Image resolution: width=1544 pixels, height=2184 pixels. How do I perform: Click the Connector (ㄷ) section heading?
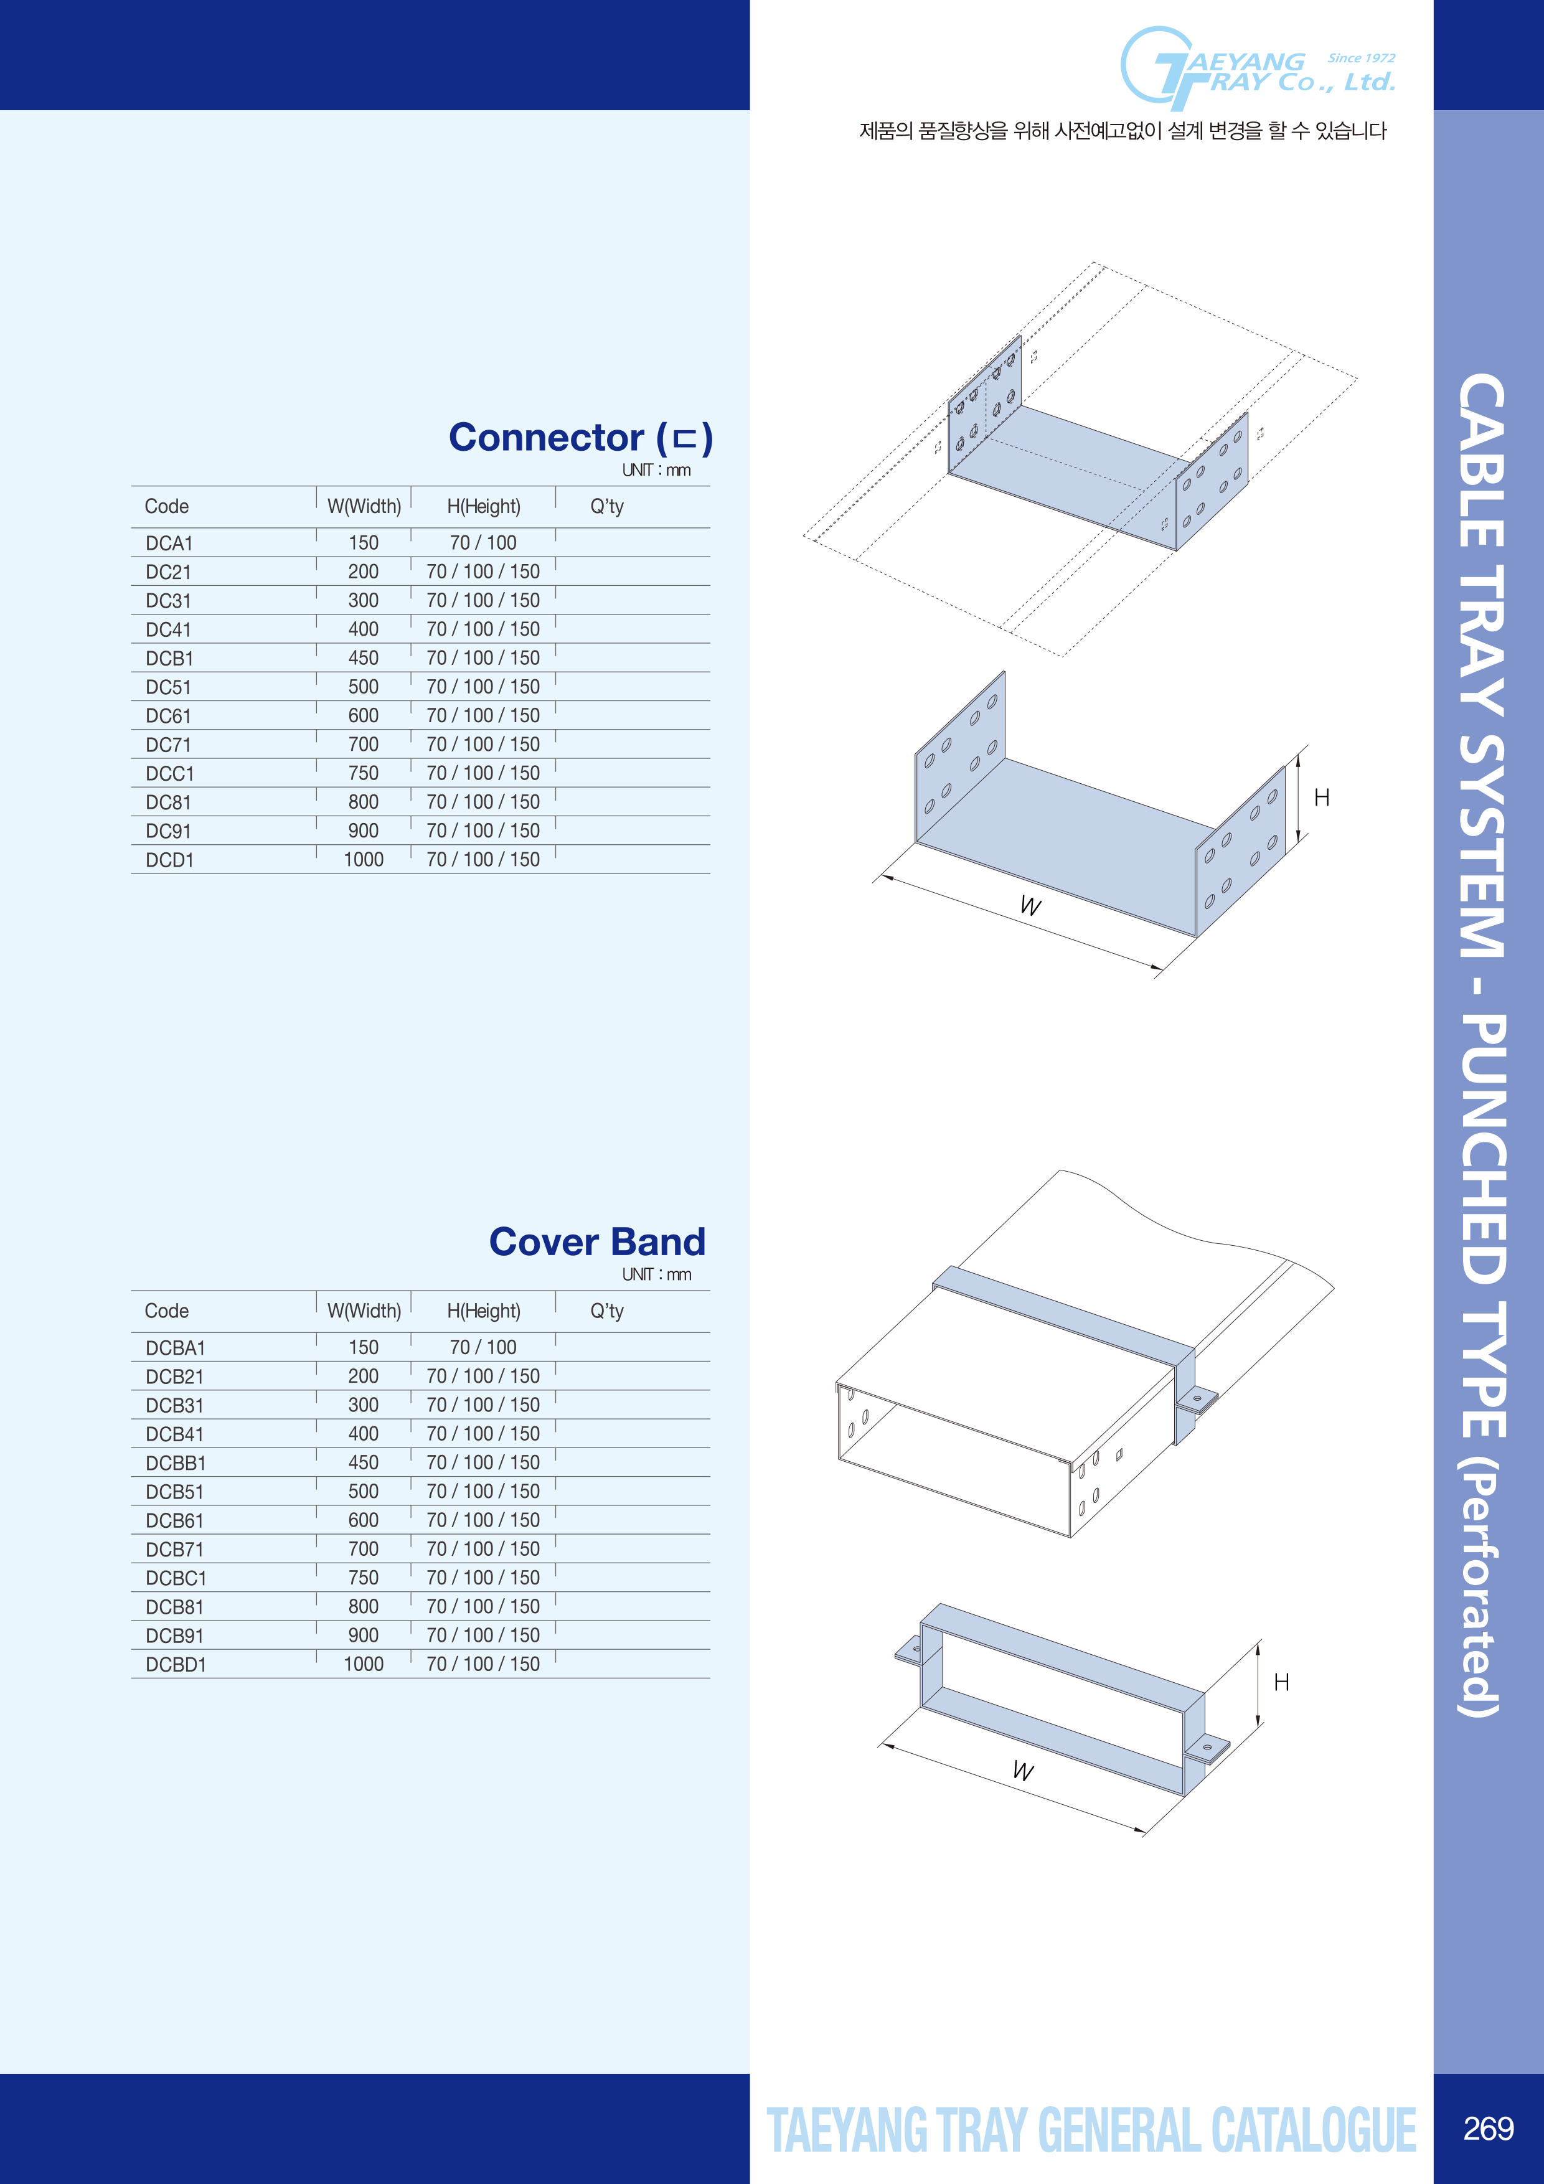580,438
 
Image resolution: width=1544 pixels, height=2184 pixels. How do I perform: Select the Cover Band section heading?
598,1241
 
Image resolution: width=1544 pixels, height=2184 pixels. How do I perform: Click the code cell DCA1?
169,543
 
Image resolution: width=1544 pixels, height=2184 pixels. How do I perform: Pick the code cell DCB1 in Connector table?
169,658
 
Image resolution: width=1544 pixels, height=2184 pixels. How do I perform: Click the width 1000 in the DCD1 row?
364,859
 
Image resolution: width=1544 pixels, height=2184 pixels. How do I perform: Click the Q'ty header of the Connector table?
607,507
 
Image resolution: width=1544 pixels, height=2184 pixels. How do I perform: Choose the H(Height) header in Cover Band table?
483,1311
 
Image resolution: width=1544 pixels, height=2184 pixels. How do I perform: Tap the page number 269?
1489,2128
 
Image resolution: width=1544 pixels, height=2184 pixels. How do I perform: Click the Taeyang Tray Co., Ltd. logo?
1258,68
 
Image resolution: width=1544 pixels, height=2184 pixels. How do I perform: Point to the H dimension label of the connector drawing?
1321,797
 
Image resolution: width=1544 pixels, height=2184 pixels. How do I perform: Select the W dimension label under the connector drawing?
1030,906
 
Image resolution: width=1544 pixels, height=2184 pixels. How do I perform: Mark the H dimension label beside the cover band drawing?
1281,1682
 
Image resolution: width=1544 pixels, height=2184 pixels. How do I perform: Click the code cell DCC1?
169,773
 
